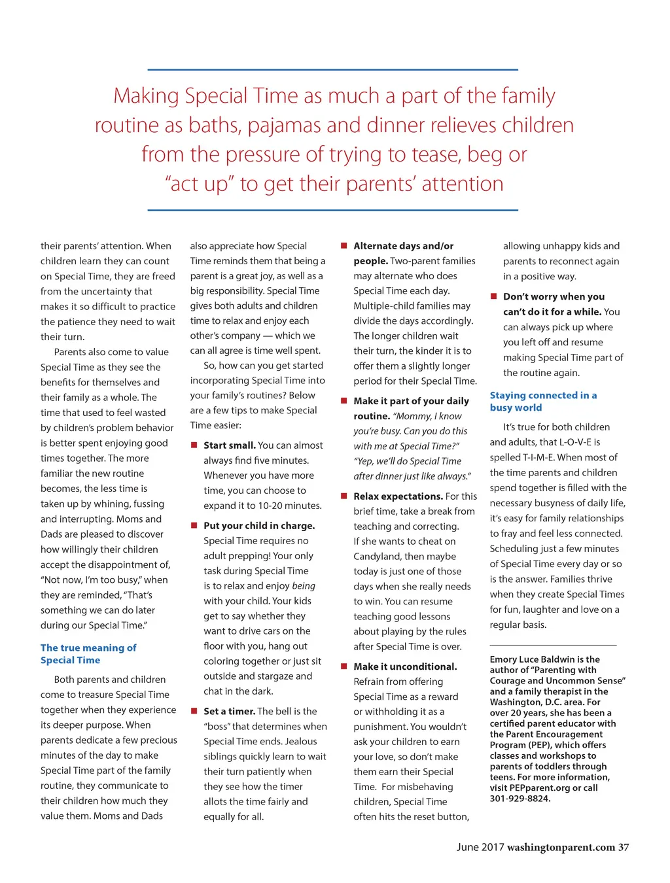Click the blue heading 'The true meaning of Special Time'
click(x=88, y=653)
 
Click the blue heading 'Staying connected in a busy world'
click(x=543, y=401)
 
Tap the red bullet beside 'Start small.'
click(x=194, y=445)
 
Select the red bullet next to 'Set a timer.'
click(x=194, y=711)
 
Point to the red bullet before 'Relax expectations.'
click(x=344, y=496)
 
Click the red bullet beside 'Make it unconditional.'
click(x=344, y=666)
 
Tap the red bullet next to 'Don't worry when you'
click(x=494, y=296)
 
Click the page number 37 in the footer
click(x=624, y=847)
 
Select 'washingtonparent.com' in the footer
click(x=561, y=847)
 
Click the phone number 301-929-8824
click(x=520, y=799)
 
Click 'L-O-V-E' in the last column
click(x=571, y=442)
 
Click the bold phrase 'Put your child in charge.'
click(x=259, y=525)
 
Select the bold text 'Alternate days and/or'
click(x=403, y=246)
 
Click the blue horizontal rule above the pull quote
click(x=332, y=69)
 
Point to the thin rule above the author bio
click(x=553, y=645)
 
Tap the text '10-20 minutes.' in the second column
click(x=290, y=506)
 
